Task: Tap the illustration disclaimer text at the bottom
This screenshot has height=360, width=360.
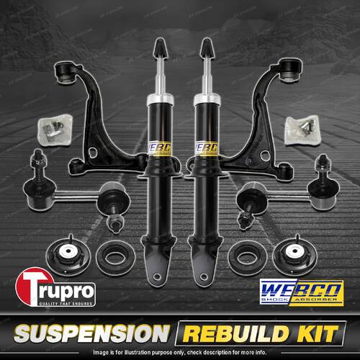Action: pyautogui.click(x=180, y=352)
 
